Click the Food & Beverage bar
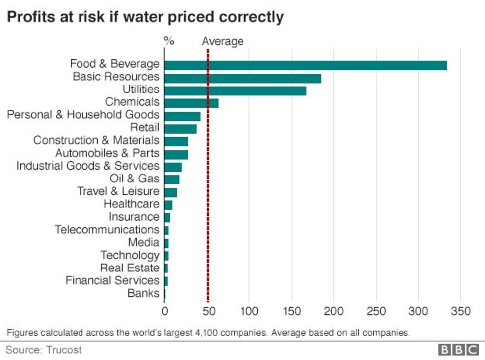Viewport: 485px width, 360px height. point(305,65)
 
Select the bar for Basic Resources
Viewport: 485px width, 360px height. point(242,78)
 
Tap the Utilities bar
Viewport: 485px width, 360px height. point(235,90)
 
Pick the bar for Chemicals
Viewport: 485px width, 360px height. point(191,103)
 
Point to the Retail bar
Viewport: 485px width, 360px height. point(180,129)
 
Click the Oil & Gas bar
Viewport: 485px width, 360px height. point(172,180)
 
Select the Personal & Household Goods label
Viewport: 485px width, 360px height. point(83,115)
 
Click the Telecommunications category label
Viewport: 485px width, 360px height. point(107,230)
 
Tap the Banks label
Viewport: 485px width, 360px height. point(143,293)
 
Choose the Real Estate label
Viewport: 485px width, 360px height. point(130,268)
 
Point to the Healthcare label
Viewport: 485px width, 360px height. point(131,204)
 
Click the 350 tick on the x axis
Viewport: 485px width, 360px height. point(461,312)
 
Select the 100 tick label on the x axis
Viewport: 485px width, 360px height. point(249,312)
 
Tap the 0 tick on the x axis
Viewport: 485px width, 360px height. point(164,312)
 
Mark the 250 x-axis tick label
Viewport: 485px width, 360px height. point(376,312)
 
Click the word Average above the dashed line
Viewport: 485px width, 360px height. point(223,41)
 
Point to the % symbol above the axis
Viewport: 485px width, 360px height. point(169,41)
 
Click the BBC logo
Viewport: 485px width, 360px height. point(457,350)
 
